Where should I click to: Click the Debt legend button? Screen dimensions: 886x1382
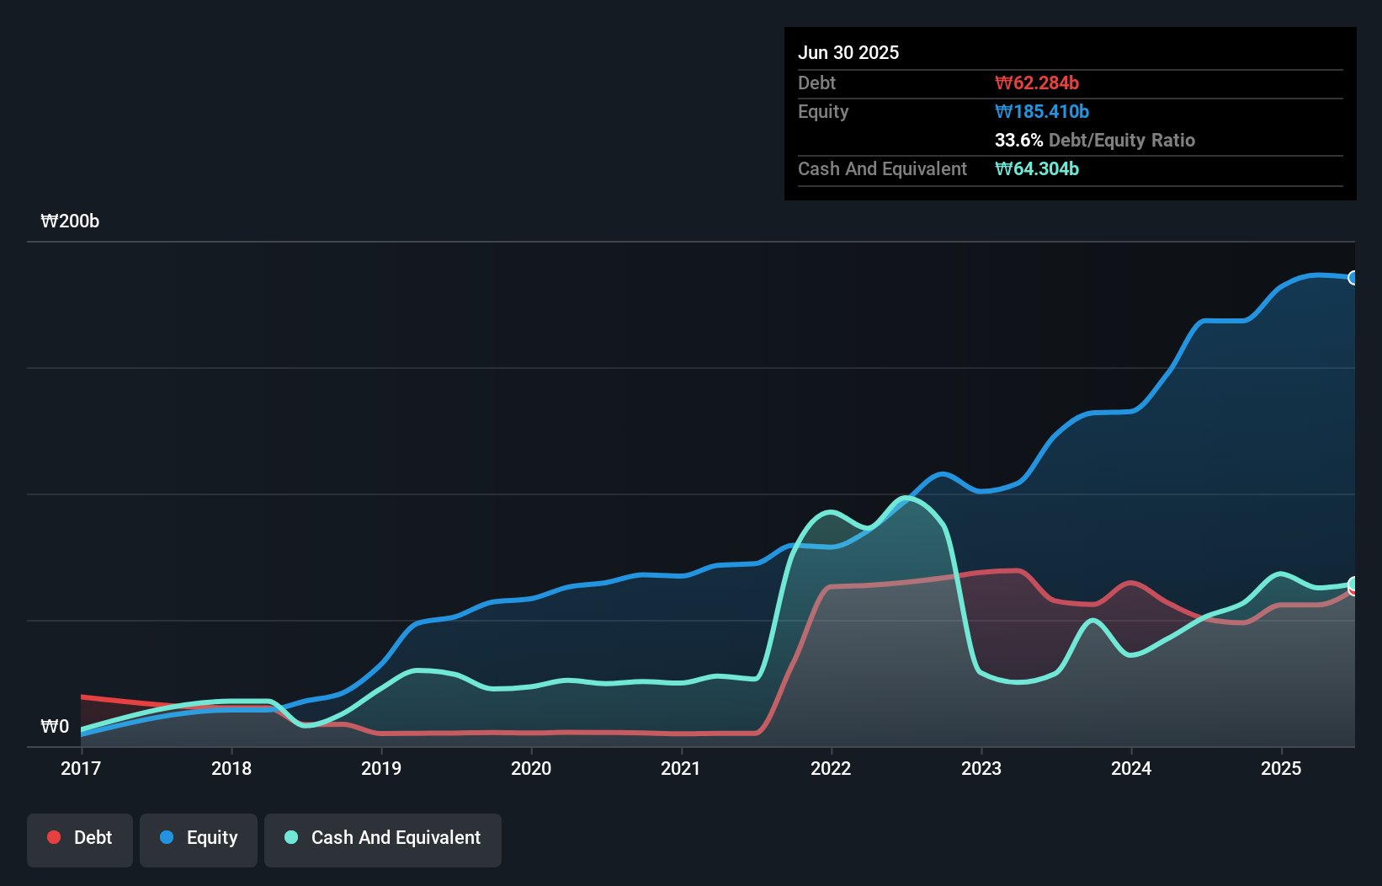80,838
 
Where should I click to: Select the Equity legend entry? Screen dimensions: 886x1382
199,838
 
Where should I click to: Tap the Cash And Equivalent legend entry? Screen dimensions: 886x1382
383,838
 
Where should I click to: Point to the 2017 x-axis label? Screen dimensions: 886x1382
81,768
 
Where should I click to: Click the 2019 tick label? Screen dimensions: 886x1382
381,768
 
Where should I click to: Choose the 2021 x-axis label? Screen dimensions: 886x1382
681,768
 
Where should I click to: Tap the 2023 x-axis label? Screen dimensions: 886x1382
981,768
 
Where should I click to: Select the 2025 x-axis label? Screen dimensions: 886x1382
1281,768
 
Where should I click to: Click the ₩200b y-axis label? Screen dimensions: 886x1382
70,221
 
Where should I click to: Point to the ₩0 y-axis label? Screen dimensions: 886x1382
55,726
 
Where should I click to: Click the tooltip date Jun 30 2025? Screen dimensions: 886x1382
848,52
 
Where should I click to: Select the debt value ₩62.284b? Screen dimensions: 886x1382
1037,83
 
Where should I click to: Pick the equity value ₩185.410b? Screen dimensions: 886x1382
1042,111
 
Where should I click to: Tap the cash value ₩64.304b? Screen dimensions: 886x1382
1037,168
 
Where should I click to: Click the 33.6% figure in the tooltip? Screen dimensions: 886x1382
1018,140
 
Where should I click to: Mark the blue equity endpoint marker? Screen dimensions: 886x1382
1353,278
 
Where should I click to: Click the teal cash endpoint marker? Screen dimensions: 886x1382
1353,584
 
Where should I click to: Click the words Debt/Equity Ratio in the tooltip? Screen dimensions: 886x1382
1122,140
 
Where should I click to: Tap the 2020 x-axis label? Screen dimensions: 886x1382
531,768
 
